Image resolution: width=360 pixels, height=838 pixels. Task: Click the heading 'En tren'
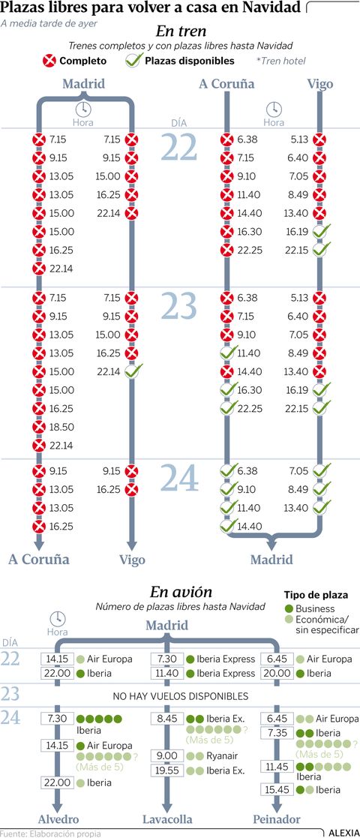click(181, 32)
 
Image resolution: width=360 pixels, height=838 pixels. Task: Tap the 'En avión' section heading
click(181, 592)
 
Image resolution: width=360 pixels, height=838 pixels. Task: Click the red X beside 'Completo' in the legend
click(49, 60)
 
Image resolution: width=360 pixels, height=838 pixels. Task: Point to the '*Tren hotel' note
click(281, 61)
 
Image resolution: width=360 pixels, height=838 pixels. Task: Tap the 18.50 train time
click(61, 427)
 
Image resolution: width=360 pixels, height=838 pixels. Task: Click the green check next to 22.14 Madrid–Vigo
click(133, 371)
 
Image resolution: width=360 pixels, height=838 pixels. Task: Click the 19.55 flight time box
click(166, 770)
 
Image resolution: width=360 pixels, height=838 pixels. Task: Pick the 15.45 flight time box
click(277, 788)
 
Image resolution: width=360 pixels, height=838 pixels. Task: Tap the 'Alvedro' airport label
click(58, 819)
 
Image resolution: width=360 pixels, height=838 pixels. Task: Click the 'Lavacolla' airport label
click(167, 819)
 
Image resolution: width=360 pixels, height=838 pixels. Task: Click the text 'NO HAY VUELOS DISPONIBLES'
click(181, 696)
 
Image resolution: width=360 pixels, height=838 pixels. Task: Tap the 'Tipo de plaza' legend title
click(316, 594)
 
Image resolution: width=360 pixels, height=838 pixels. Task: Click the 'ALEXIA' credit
click(343, 833)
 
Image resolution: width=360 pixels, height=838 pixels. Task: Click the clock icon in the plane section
click(58, 619)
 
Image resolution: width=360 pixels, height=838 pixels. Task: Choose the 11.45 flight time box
click(277, 767)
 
